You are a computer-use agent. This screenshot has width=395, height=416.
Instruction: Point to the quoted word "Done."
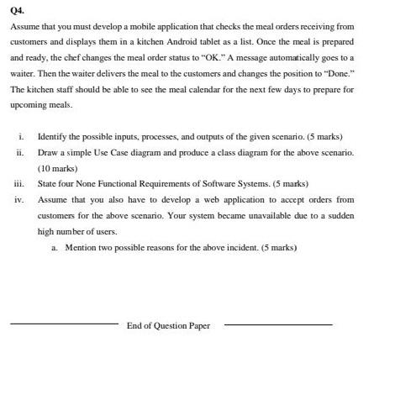pyautogui.click(x=340, y=74)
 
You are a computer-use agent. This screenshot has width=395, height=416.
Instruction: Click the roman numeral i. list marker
pyautogui.click(x=21, y=136)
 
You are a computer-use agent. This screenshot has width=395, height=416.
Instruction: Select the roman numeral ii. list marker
pyautogui.click(x=19, y=152)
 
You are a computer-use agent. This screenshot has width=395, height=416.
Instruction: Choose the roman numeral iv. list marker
pyautogui.click(x=19, y=199)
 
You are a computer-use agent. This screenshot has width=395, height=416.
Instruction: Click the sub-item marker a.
pyautogui.click(x=55, y=247)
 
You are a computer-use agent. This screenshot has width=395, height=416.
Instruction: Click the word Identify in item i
pyautogui.click(x=55, y=136)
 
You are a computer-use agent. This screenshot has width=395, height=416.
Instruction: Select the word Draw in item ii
pyautogui.click(x=49, y=152)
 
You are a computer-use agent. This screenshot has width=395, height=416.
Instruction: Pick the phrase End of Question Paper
pyautogui.click(x=168, y=325)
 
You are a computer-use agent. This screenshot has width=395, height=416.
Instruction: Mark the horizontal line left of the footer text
pyautogui.click(x=64, y=324)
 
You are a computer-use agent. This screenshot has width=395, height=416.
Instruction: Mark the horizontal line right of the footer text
pyautogui.click(x=279, y=324)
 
